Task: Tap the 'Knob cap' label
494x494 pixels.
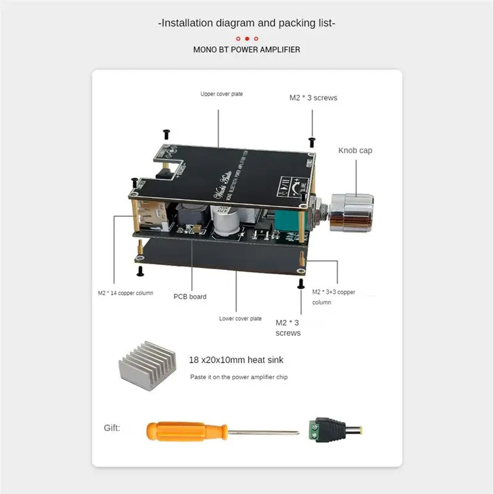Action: tap(355, 150)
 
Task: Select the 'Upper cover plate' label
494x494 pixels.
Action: tap(221, 94)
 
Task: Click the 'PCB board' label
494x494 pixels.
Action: tap(190, 296)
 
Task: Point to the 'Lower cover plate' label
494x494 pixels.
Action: tap(240, 319)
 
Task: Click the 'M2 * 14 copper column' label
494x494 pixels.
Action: tap(125, 293)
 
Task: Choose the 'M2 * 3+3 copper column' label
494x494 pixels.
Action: tap(333, 296)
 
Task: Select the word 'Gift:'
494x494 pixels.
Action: tap(112, 427)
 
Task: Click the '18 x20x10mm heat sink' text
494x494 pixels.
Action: tap(236, 359)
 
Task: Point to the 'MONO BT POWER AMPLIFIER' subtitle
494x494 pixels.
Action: tap(247, 49)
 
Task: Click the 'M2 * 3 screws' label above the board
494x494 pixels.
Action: tap(313, 98)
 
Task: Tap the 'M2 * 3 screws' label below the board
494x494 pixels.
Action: tap(288, 327)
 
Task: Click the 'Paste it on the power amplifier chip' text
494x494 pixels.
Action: tap(238, 377)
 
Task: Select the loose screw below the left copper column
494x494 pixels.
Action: tap(140, 270)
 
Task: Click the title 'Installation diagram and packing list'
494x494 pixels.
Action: tap(247, 23)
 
